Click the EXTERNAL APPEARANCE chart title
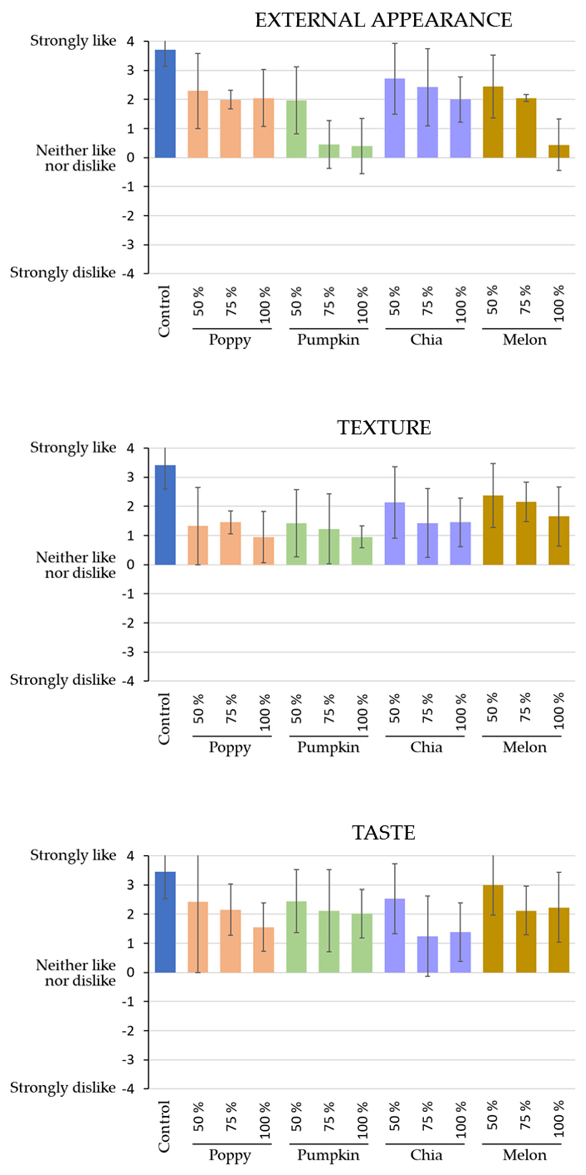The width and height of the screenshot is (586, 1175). [383, 20]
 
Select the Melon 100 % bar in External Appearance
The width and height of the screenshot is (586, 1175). [559, 151]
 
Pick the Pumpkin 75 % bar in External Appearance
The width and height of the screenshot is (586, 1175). [329, 151]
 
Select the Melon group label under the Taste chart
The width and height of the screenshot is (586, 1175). [524, 1155]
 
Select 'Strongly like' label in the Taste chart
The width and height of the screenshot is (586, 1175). [73, 855]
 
